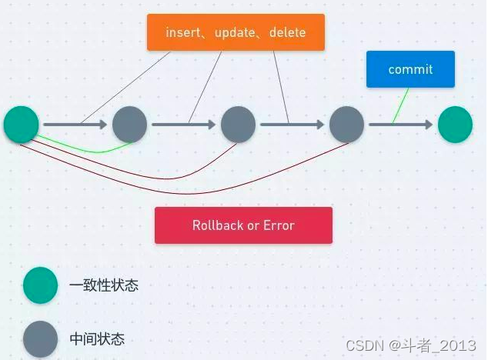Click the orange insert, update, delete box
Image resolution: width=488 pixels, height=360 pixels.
tap(236, 32)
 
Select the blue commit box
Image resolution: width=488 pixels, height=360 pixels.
tap(410, 69)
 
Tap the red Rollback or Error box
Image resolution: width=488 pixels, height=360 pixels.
tap(243, 225)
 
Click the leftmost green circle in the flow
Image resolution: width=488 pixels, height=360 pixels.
tap(22, 125)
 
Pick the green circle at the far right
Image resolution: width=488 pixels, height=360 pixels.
tap(455, 125)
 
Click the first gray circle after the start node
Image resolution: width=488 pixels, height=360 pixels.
tap(129, 125)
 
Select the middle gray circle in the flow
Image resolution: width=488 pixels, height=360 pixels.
tap(238, 125)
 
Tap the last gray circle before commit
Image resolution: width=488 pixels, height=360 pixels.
tap(346, 125)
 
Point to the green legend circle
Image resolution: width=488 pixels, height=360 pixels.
tap(40, 285)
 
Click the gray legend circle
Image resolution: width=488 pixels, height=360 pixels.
tap(40, 339)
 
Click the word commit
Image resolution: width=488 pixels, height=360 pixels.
tap(410, 69)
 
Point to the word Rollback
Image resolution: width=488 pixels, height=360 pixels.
tap(218, 225)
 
